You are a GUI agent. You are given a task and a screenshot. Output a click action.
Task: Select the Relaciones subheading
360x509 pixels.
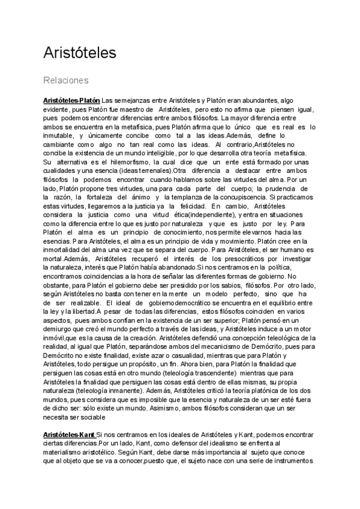[x=66, y=80]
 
